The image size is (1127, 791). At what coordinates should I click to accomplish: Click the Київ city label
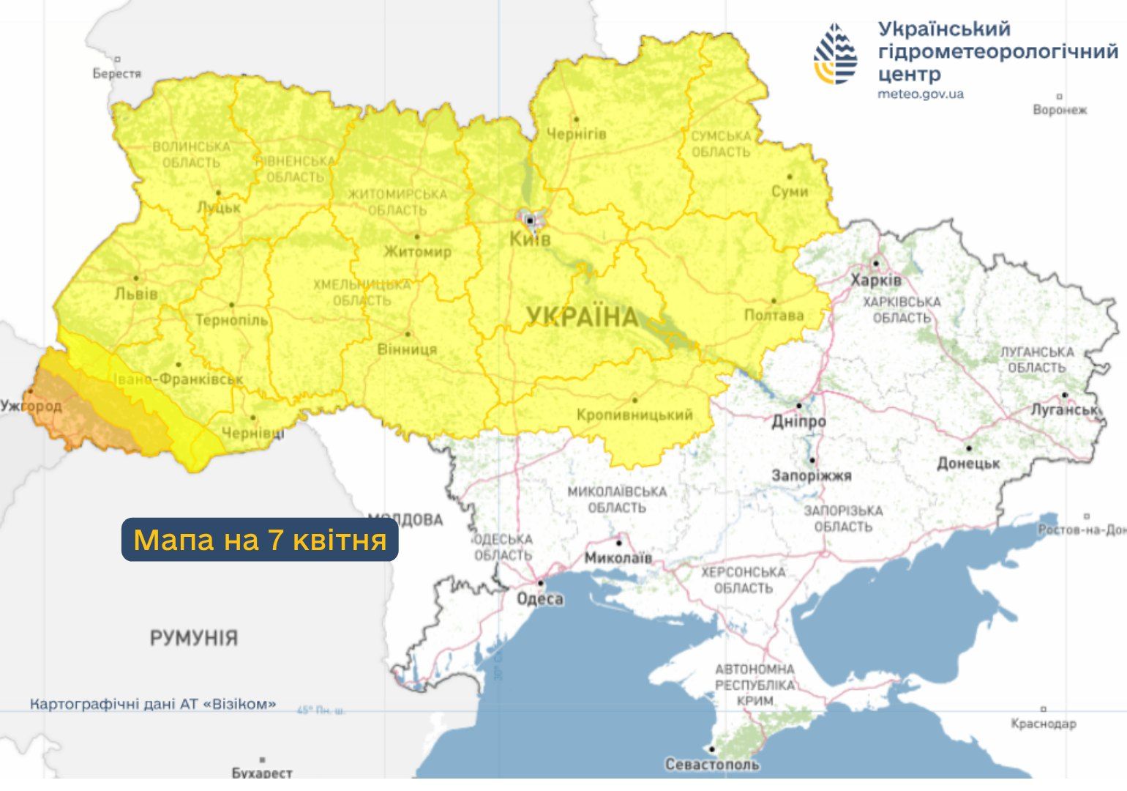pos(530,239)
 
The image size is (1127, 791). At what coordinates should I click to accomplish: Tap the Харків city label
pos(876,281)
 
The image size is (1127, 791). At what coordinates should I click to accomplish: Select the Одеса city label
pos(540,599)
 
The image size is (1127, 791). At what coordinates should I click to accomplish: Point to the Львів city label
pos(136,294)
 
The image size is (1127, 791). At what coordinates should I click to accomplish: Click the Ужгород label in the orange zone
pos(31,406)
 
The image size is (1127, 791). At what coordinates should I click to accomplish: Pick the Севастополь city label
pos(711,765)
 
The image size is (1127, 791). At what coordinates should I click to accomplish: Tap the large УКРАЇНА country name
pos(583,317)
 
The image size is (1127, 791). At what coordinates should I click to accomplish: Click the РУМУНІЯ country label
pos(194,638)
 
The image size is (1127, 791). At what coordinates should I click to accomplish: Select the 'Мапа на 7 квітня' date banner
pos(260,541)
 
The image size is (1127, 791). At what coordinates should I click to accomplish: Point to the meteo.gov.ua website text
pos(921,94)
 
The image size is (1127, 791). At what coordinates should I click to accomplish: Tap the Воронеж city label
pos(1059,110)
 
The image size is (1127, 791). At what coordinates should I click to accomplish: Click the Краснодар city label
pos(1043,724)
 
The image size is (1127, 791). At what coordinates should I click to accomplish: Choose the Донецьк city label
pos(968,464)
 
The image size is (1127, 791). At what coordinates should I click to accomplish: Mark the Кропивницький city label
pos(634,415)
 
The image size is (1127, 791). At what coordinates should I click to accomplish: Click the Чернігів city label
pos(577,134)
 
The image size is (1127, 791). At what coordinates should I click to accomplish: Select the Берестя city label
pos(116,73)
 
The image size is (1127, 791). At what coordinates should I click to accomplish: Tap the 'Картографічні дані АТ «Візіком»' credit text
pos(153,705)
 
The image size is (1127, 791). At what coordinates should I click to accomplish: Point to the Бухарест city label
pos(261,773)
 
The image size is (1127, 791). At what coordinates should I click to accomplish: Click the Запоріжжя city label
pos(811,476)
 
